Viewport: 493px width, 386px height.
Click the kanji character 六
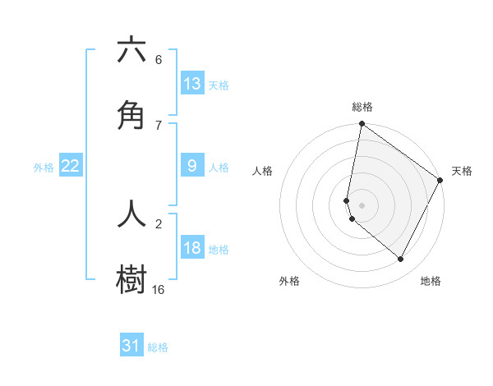tap(131, 50)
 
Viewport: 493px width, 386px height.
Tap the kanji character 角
tap(131, 116)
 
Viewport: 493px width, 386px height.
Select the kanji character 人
tap(131, 213)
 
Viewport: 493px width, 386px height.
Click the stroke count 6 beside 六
tap(159, 60)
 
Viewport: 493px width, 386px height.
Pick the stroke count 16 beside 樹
tap(159, 289)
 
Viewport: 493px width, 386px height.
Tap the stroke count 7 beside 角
tap(159, 125)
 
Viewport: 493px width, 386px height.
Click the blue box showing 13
tap(192, 83)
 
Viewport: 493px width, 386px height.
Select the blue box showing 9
tap(192, 166)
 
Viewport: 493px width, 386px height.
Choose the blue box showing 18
tap(192, 248)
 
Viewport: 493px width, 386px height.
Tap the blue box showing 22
tap(71, 166)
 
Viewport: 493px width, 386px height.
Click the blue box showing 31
tap(131, 346)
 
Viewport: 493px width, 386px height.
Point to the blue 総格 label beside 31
tap(158, 347)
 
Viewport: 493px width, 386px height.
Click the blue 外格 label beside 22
tap(44, 168)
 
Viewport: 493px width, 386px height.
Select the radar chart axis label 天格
tap(462, 172)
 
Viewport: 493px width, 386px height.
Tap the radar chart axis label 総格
tap(362, 108)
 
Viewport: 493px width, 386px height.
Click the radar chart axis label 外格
tap(289, 282)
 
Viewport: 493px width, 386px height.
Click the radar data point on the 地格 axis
tap(401, 260)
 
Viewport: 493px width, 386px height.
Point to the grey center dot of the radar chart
tap(362, 205)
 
